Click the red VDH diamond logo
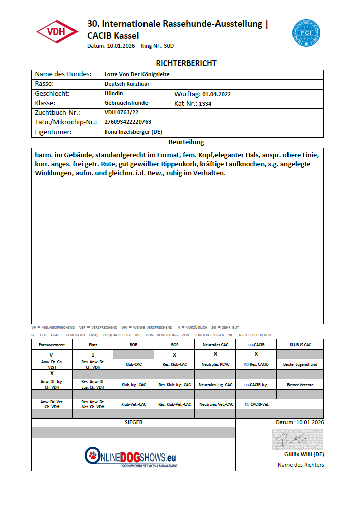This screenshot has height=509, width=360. point(57,32)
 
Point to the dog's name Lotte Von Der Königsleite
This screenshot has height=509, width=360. point(136,74)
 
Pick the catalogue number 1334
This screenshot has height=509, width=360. point(205,103)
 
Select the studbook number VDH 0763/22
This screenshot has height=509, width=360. point(121,113)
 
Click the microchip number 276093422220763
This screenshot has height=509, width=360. point(128,122)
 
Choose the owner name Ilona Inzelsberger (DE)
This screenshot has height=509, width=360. point(133,132)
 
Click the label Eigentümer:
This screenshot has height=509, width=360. point(53,132)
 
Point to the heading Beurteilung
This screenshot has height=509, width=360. point(186,142)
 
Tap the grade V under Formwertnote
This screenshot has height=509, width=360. point(52,354)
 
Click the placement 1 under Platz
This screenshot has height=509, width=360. point(93,354)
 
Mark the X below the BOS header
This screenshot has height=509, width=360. point(174,354)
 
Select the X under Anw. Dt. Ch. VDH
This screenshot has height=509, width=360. point(52,374)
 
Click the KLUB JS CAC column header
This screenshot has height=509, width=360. point(300,345)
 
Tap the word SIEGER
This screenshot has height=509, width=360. point(133,423)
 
